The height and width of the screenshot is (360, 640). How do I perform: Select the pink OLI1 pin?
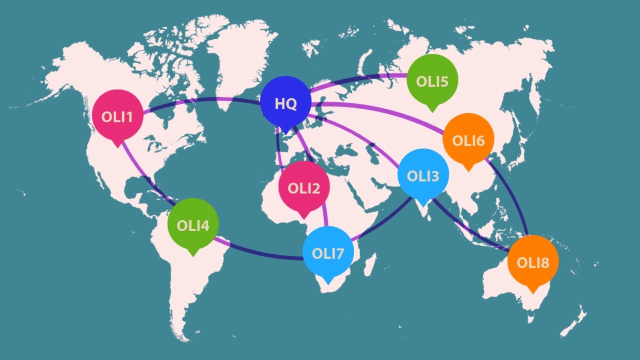point(117,115)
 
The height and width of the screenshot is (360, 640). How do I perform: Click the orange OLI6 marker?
point(468,139)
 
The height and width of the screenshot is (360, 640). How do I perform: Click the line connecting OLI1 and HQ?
point(200,100)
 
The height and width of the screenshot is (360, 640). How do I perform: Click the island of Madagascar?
point(369,263)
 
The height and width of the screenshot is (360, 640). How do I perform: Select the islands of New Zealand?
point(575,320)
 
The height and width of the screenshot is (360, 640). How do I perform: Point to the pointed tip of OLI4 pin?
point(192,255)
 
